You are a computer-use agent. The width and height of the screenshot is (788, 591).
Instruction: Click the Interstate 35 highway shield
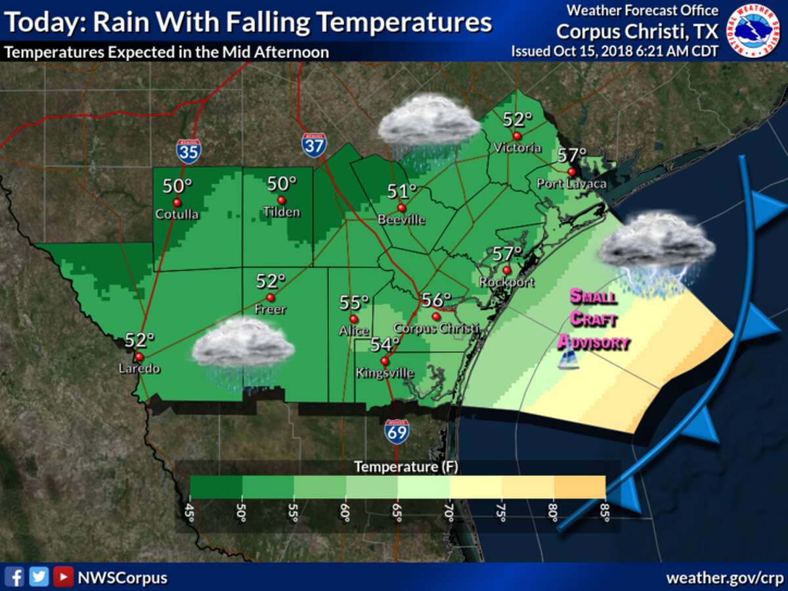pyautogui.click(x=188, y=151)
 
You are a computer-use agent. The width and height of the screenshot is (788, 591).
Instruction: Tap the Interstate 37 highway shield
pyautogui.click(x=315, y=144)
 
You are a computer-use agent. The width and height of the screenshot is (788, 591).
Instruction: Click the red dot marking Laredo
pyautogui.click(x=139, y=357)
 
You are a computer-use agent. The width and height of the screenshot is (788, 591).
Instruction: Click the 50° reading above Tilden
pyautogui.click(x=282, y=184)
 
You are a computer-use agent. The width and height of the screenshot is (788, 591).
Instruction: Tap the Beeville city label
pyautogui.click(x=401, y=220)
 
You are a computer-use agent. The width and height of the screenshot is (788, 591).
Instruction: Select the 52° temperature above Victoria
pyautogui.click(x=517, y=120)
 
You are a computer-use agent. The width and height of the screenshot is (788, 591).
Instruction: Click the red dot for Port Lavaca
pyautogui.click(x=571, y=171)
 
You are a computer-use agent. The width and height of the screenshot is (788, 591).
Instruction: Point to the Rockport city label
pyautogui.click(x=506, y=282)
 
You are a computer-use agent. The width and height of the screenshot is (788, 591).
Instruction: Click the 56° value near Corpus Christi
pyautogui.click(x=436, y=300)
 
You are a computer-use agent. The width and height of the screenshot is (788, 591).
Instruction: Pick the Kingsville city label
pyautogui.click(x=385, y=373)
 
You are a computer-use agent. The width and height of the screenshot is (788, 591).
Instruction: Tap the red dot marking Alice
pyautogui.click(x=353, y=318)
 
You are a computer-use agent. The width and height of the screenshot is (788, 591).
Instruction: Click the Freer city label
pyautogui.click(x=270, y=309)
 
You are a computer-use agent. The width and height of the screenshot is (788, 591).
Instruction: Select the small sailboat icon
pyautogui.click(x=569, y=360)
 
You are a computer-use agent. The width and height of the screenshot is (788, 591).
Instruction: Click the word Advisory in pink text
pyautogui.click(x=594, y=341)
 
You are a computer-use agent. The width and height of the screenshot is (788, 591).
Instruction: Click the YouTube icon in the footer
pyautogui.click(x=63, y=577)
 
